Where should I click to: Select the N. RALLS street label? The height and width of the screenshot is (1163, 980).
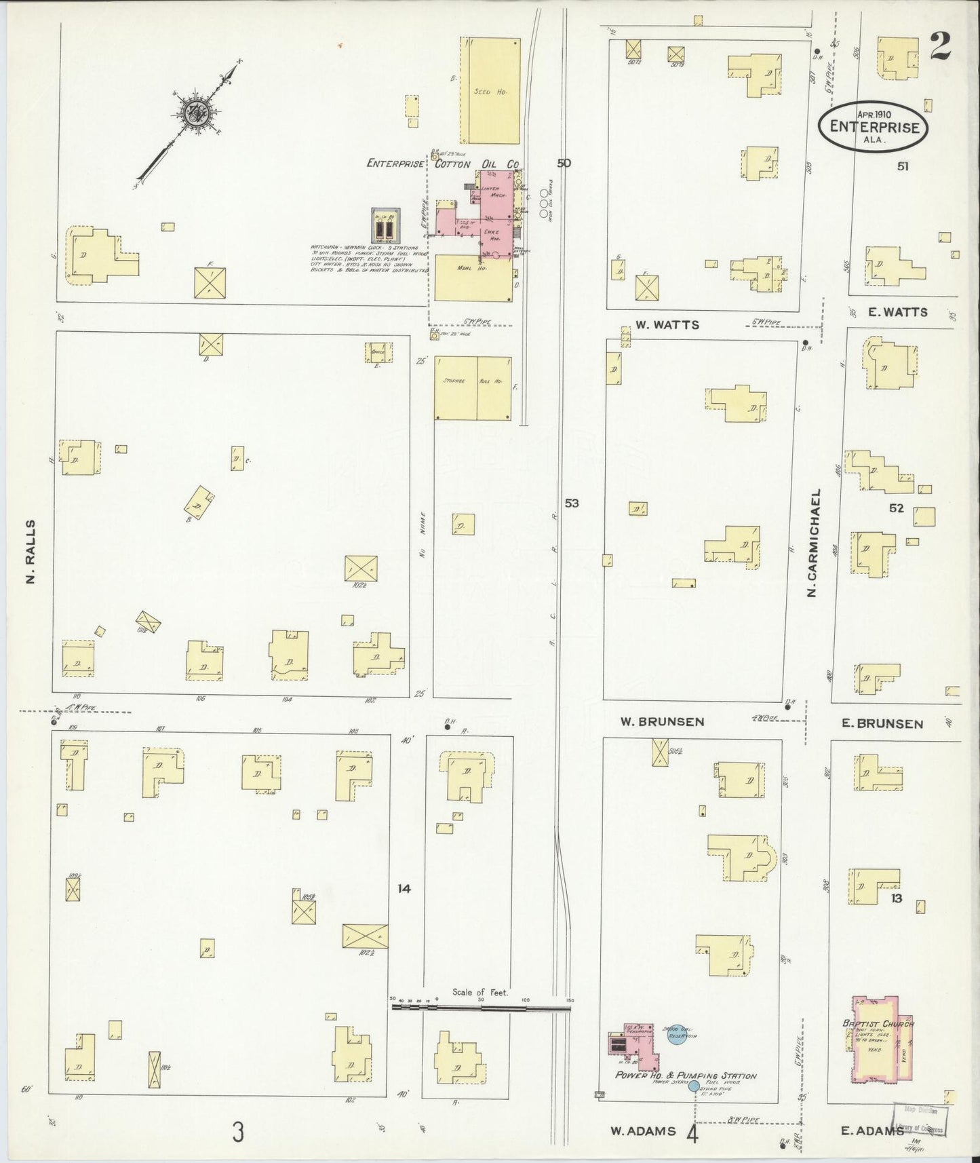(x=29, y=551)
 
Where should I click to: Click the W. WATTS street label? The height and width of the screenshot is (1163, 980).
(x=667, y=325)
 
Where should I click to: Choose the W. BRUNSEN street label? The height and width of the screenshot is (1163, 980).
(x=662, y=721)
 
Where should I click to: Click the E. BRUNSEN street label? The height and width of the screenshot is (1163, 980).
(x=882, y=723)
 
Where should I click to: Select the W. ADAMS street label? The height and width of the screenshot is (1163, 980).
(x=643, y=1130)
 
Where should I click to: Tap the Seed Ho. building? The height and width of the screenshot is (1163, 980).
(x=491, y=90)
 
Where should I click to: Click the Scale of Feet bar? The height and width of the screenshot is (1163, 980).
(x=481, y=1008)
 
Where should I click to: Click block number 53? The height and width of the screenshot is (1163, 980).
(x=572, y=503)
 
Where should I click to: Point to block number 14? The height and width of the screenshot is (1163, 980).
(x=404, y=888)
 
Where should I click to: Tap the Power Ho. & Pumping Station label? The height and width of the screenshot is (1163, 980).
(x=686, y=1075)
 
